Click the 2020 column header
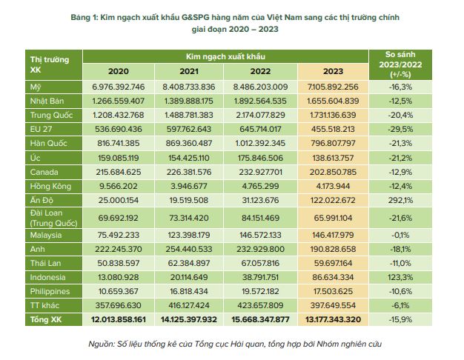pyautogui.click(x=119, y=71)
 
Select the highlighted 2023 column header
pyautogui.click(x=334, y=71)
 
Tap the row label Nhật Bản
pyautogui.click(x=47, y=101)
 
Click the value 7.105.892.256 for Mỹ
pyautogui.click(x=334, y=87)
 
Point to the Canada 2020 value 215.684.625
pyautogui.click(x=119, y=171)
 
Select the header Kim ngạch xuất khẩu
pyautogui.click(x=225, y=56)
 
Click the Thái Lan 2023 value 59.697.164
pyautogui.click(x=334, y=262)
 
